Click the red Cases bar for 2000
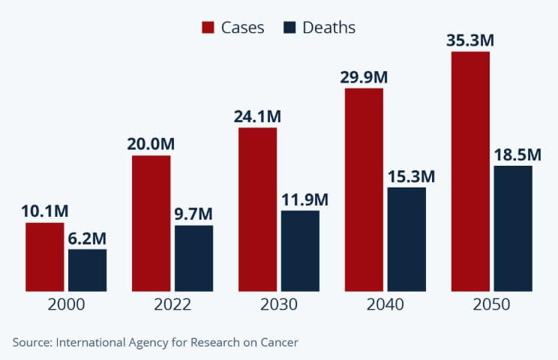[44, 256]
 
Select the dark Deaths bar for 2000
[87, 270]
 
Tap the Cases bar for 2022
[151, 223]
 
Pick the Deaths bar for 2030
[300, 250]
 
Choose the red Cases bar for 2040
[364, 189]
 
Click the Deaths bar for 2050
[513, 228]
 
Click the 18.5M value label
[517, 154]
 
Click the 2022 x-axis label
[172, 305]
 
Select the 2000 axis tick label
[66, 305]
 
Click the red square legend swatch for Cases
[208, 28]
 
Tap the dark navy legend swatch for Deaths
[289, 28]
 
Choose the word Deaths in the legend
[328, 28]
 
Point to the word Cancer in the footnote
[279, 342]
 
